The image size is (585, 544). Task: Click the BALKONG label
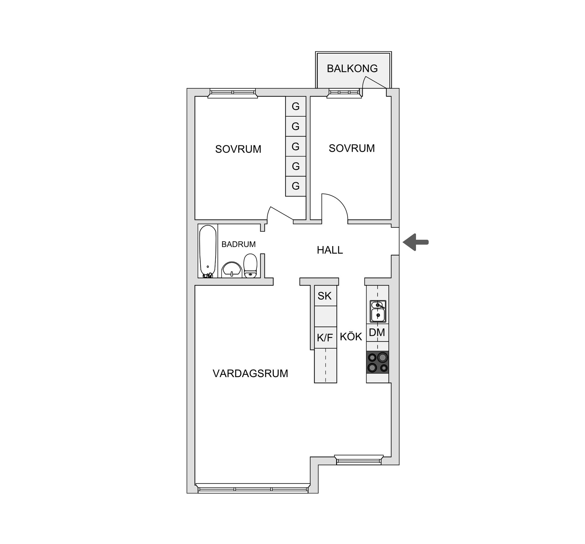[x=352, y=68]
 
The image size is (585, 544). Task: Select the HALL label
[x=330, y=250]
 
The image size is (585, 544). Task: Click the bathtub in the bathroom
[x=208, y=251]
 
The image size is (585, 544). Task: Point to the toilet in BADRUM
[x=250, y=266]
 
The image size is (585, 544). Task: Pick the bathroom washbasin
[x=232, y=269]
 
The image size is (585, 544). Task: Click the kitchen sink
[x=378, y=311]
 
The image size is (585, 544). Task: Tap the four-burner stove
[x=378, y=362]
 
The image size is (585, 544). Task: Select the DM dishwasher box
[x=377, y=332]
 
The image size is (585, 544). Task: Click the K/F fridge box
[x=325, y=337]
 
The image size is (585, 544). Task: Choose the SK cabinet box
[x=325, y=296]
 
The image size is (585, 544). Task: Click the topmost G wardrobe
[x=296, y=106]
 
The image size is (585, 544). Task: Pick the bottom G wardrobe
[x=296, y=186]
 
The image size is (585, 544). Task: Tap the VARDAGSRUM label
[x=250, y=374]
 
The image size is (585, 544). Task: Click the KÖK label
[x=351, y=337]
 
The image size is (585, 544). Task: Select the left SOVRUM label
[x=238, y=149]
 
